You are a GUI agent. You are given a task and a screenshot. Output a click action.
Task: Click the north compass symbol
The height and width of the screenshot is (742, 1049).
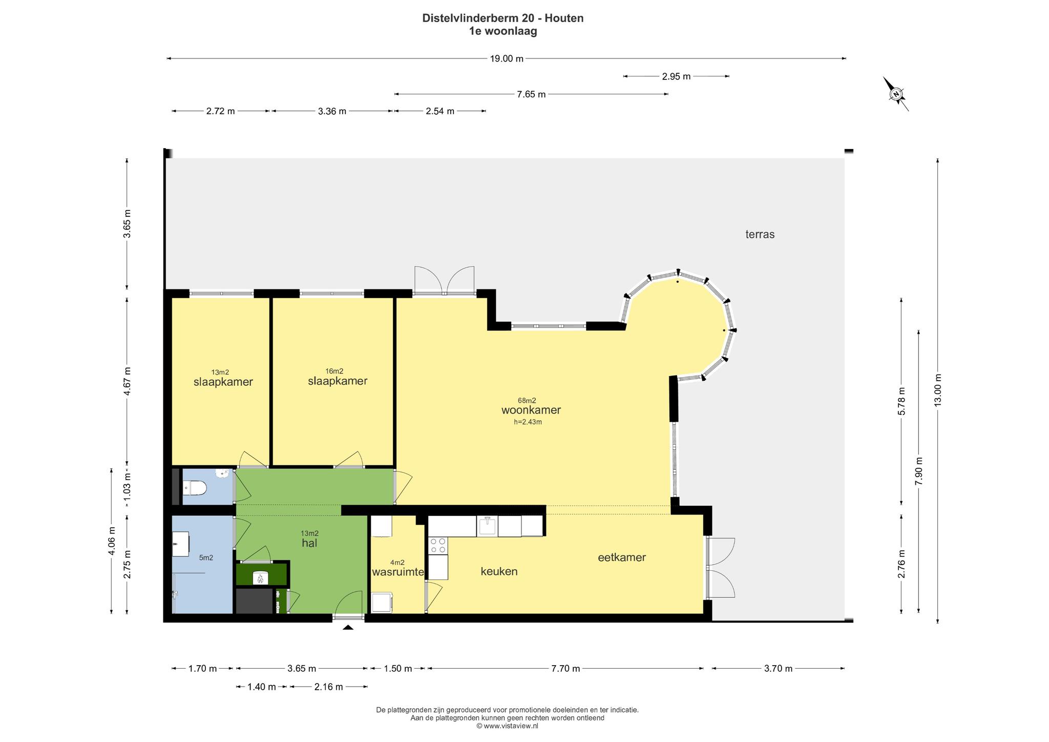pos(896,94)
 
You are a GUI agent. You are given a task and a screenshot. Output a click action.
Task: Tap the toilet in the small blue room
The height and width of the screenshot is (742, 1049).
pos(194,488)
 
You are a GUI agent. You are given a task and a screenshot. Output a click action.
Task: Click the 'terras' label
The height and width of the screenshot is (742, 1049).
pos(760,235)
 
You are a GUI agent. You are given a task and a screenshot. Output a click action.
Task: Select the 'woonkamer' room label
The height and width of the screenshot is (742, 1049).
pos(531,410)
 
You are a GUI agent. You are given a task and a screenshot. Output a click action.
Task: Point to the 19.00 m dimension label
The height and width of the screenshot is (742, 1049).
pos(507,58)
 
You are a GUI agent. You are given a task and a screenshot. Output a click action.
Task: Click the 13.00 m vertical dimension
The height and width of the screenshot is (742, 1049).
pos(938,390)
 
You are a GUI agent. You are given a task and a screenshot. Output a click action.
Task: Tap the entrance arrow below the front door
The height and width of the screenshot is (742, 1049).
pos(348,627)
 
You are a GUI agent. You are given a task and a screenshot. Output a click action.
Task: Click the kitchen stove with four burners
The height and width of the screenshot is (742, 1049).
pos(438,546)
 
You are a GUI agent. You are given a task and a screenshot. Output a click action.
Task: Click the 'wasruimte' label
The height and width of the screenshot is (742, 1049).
pos(398,572)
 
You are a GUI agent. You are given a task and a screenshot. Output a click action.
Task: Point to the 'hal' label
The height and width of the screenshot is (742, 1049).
pos(309,543)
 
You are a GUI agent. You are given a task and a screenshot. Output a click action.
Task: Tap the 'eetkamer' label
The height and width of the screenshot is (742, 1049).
pos(622,558)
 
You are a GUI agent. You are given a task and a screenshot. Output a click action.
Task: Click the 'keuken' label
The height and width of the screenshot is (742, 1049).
pos(499,571)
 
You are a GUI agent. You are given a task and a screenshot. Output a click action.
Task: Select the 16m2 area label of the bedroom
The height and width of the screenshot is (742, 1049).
pos(334,371)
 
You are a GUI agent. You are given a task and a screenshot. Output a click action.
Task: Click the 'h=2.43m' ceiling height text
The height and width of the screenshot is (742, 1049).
pos(528,422)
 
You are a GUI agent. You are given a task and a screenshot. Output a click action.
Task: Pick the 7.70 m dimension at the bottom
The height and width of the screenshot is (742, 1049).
pos(565,668)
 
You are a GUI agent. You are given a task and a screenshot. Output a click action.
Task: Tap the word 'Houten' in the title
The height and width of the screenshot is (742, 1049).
pos(564,18)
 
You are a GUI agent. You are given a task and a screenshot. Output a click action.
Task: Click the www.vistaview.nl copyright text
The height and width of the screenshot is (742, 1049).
pos(507,726)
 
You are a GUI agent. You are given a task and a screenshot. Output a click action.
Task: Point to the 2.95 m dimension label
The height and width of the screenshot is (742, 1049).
pos(676,76)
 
